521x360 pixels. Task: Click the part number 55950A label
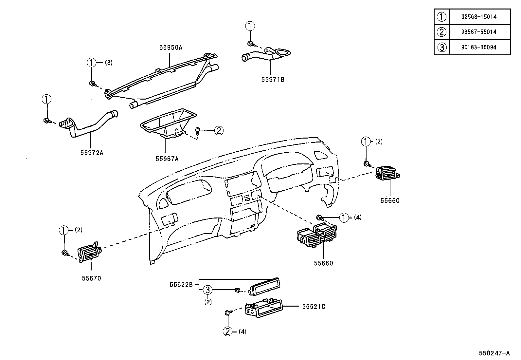tap(171, 47)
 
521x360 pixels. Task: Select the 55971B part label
tap(273, 79)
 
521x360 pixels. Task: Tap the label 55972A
tap(92, 152)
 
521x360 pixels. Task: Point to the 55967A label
tap(167, 159)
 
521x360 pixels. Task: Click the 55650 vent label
tap(390, 200)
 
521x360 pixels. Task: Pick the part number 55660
tap(323, 263)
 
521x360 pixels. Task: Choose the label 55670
tap(91, 278)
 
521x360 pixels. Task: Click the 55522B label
tap(181, 285)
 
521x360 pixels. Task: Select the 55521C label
tap(314, 307)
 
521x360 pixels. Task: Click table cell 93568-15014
tap(479, 17)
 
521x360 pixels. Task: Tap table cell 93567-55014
tap(479, 32)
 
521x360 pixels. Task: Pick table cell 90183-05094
tap(479, 47)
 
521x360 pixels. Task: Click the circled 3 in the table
tap(441, 47)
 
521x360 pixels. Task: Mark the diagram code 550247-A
tap(494, 353)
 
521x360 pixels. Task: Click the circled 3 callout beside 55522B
tap(208, 290)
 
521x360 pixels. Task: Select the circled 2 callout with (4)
tap(228, 331)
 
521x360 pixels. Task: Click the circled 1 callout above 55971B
tap(250, 26)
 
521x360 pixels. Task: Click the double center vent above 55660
tap(316, 235)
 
